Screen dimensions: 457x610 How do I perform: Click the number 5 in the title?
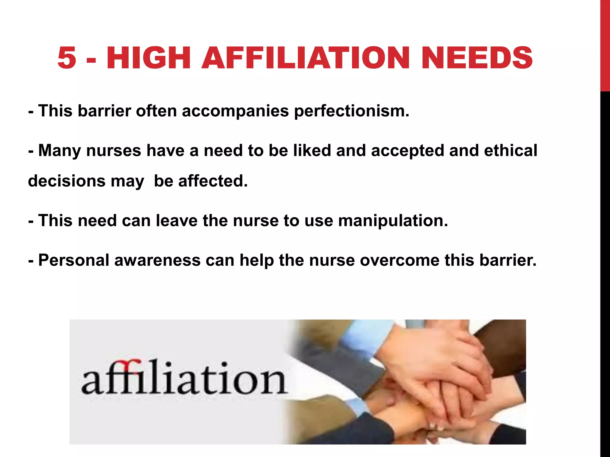[67, 58]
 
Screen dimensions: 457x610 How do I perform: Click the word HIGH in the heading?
[148, 58]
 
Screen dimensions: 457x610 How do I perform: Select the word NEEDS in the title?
[477, 58]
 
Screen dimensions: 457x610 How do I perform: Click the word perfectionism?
[351, 111]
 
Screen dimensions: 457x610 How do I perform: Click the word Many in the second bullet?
[59, 151]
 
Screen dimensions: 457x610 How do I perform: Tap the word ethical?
[511, 151]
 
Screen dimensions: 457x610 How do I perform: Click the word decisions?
[67, 181]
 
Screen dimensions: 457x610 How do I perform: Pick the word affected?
[213, 181]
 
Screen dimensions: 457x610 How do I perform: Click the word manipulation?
[393, 221]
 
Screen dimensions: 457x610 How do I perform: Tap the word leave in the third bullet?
[177, 221]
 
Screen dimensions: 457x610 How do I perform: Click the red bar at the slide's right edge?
[605, 45]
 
